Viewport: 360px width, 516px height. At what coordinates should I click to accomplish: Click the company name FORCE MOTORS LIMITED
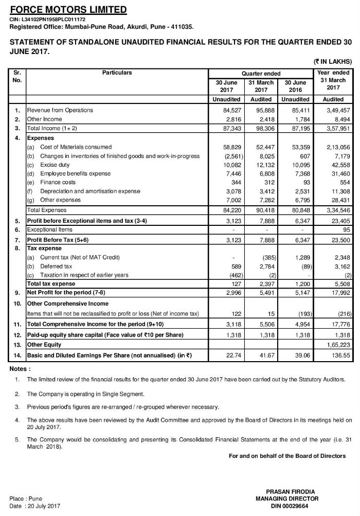click(68, 9)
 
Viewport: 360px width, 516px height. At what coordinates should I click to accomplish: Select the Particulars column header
click(117, 73)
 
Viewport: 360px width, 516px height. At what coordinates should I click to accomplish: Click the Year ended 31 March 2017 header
click(333, 80)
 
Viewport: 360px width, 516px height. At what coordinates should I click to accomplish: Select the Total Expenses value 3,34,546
click(337, 210)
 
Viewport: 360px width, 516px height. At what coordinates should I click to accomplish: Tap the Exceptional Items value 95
click(345, 229)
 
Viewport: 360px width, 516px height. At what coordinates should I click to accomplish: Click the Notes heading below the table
click(20, 355)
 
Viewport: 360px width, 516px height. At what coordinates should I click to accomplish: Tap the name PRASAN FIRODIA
click(287, 492)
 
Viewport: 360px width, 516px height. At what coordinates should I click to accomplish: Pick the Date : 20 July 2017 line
click(35, 506)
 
